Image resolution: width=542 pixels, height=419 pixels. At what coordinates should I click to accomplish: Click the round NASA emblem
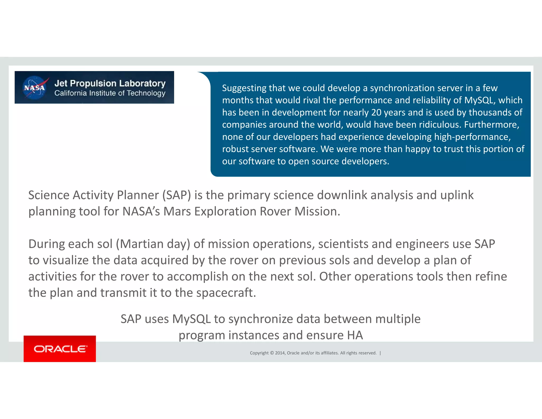click(34, 87)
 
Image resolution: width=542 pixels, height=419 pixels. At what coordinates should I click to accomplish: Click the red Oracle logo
click(60, 349)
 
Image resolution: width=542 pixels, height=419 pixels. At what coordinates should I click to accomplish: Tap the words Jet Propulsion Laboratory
click(110, 83)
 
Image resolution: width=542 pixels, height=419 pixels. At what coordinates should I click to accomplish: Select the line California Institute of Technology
click(110, 93)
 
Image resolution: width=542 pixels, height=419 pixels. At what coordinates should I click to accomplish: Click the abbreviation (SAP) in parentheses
click(177, 195)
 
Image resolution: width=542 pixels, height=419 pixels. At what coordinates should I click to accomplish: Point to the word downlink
click(342, 195)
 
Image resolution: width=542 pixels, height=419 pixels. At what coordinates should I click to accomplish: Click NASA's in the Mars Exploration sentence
click(141, 211)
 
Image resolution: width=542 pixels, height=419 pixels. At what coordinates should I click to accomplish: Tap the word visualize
click(66, 260)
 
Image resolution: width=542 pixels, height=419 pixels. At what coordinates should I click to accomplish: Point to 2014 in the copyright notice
click(280, 353)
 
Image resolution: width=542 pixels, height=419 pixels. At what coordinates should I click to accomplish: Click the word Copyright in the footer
click(259, 353)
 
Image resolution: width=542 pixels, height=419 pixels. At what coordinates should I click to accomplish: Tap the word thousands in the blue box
click(490, 112)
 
